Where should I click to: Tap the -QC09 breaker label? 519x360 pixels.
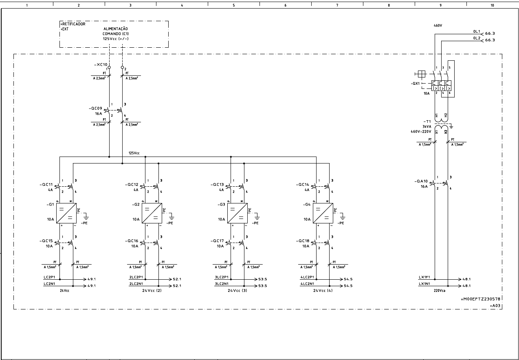[x=96, y=108]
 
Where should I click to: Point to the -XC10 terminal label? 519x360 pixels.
[x=100, y=64]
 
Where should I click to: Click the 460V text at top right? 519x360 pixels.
[x=438, y=25]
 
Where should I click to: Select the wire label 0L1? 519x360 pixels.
[x=476, y=31]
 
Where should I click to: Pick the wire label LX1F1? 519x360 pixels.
[x=425, y=277]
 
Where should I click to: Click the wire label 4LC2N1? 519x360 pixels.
[x=307, y=283]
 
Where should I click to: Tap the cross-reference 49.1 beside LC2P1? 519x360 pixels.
[x=92, y=279]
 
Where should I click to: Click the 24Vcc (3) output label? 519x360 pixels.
[x=237, y=291]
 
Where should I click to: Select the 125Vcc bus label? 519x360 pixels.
[x=134, y=153]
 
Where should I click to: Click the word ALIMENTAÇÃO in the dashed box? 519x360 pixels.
[x=116, y=29]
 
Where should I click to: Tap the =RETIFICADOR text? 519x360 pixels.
[x=73, y=24]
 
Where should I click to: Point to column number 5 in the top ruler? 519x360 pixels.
[x=233, y=5]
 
